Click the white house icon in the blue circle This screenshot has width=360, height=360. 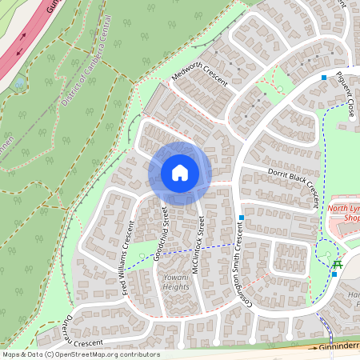pyautogui.click(x=180, y=172)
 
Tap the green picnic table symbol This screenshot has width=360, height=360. pyautogui.click(x=338, y=264)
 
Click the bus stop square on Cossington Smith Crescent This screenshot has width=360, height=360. pyautogui.click(x=241, y=218)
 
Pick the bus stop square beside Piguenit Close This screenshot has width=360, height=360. pyautogui.click(x=323, y=78)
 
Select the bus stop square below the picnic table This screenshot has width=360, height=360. pyautogui.click(x=334, y=274)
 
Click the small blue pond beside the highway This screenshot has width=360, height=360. pyautogui.click(x=18, y=82)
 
